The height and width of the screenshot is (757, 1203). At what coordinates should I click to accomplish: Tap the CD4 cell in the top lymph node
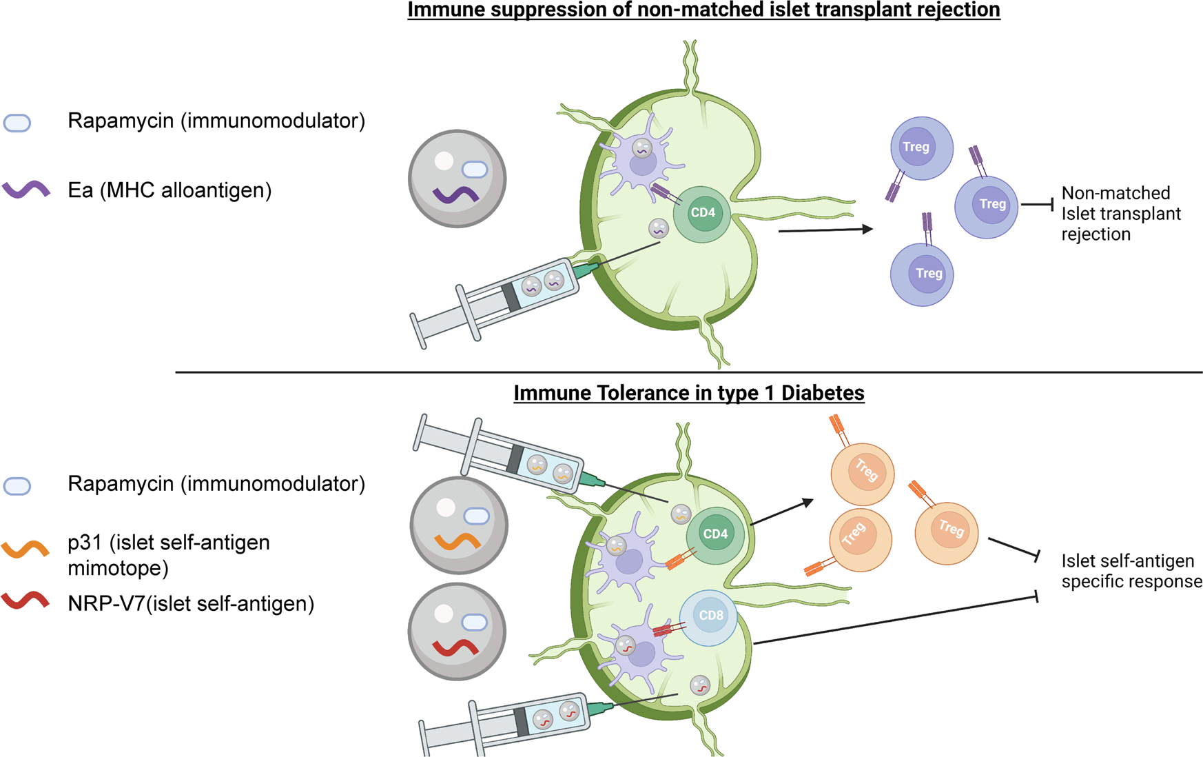tap(702, 214)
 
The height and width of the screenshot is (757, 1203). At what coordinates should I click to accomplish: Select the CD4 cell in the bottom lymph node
tap(715, 534)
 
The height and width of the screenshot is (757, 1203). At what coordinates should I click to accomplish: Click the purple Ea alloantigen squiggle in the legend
tap(26, 190)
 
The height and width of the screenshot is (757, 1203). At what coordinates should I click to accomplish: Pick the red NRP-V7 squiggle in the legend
tap(25, 601)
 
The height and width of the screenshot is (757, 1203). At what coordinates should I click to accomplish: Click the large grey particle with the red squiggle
tap(457, 632)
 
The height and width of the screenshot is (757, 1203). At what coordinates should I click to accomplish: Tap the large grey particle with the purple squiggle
tap(457, 179)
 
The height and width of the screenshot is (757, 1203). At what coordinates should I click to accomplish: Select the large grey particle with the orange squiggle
tap(458, 525)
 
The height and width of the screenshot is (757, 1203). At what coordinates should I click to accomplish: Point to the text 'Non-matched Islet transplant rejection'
tap(1120, 214)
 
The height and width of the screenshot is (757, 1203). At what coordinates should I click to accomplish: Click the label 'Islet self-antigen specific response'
tap(1131, 571)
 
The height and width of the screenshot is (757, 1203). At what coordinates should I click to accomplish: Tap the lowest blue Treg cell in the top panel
tap(922, 274)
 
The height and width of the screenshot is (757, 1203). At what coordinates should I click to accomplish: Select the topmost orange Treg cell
tap(863, 474)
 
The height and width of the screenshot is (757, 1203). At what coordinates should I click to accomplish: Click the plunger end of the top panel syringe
tap(418, 332)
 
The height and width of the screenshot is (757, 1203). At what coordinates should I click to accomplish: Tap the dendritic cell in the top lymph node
tap(640, 162)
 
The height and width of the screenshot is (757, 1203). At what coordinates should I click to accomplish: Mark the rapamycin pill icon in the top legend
tap(17, 123)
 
